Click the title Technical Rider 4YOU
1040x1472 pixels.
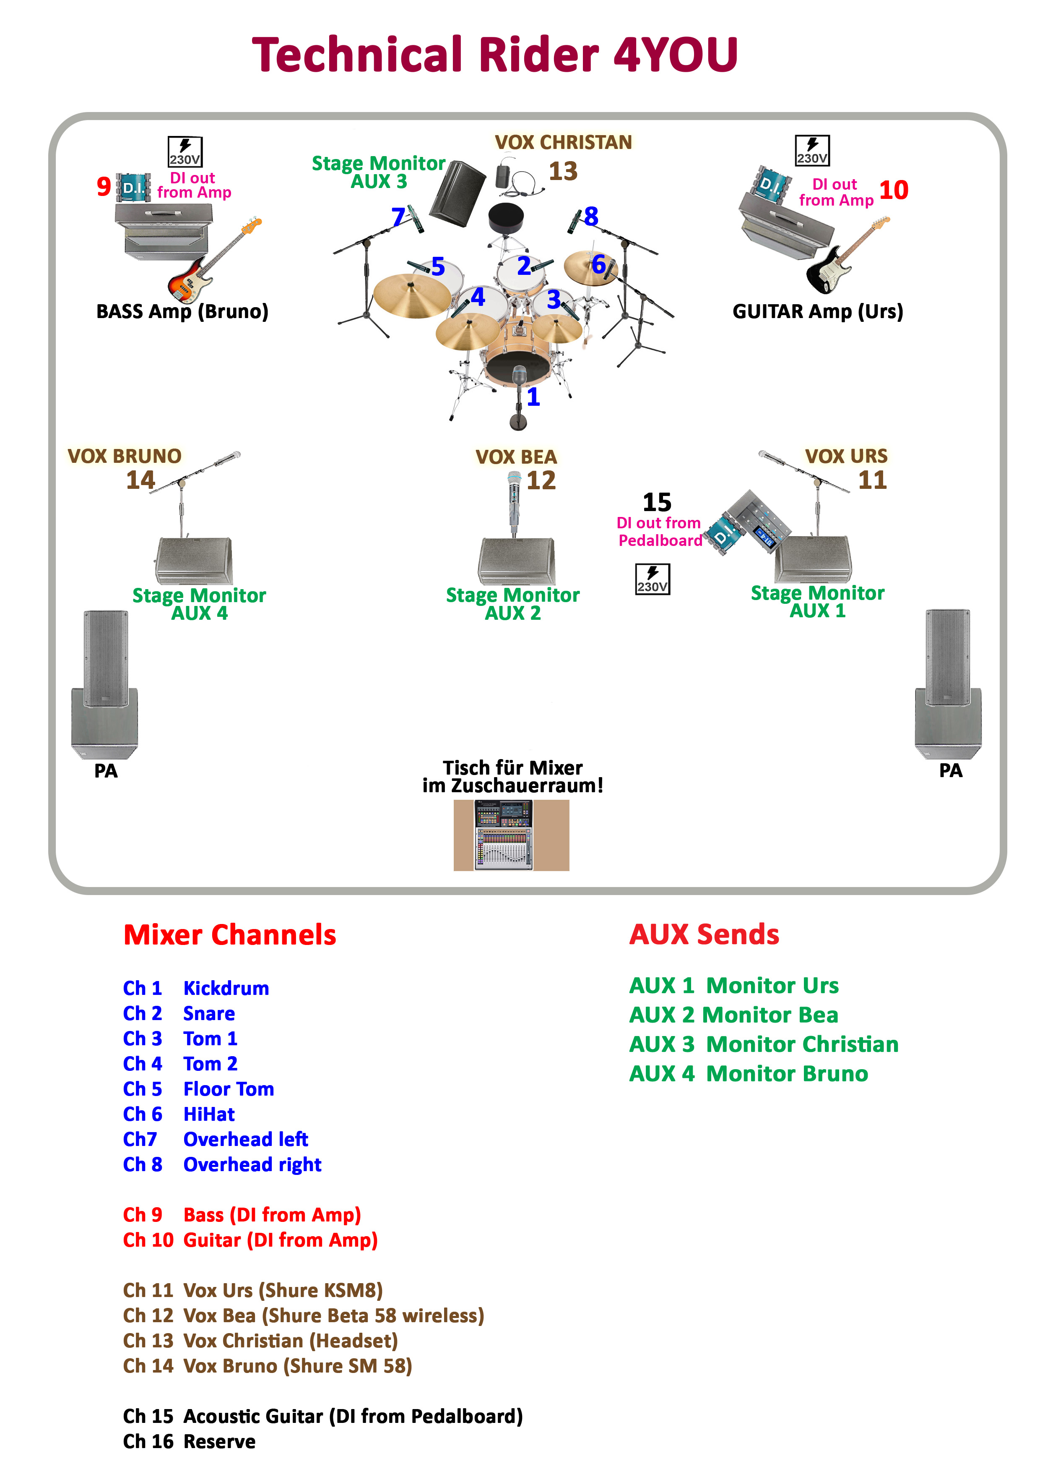[495, 55]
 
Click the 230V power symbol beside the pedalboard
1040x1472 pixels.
[653, 579]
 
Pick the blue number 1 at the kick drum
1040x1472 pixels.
[533, 397]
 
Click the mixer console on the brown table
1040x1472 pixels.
[504, 835]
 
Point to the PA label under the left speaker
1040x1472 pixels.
[106, 771]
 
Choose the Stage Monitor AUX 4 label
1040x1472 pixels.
[199, 604]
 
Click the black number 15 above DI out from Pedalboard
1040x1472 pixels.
[657, 502]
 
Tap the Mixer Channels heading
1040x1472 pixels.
[229, 935]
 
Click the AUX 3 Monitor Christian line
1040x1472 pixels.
[763, 1044]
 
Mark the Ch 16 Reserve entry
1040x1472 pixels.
[189, 1441]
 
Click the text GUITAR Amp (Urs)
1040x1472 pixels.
[818, 312]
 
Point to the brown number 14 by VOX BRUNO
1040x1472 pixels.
[140, 480]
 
